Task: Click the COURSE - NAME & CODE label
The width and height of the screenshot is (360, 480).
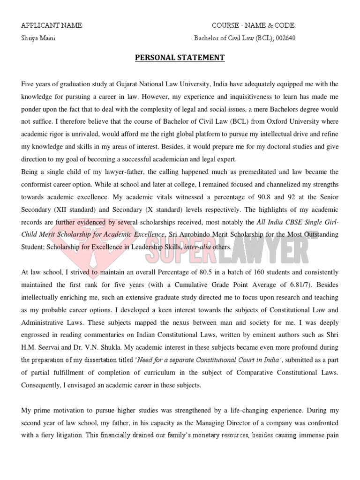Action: pos(254,25)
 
